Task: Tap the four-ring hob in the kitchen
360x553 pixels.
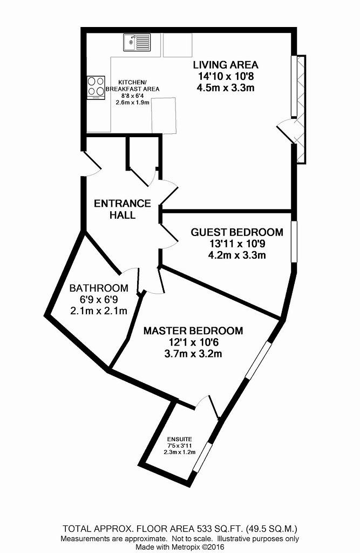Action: click(x=96, y=87)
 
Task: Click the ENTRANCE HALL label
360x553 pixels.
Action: click(x=123, y=209)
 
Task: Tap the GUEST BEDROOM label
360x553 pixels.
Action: click(x=237, y=232)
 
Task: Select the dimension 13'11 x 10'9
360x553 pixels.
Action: click(x=237, y=244)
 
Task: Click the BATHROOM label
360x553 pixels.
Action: click(x=99, y=288)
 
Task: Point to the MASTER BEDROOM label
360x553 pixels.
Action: click(x=193, y=331)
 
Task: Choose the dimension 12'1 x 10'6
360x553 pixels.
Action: click(x=193, y=342)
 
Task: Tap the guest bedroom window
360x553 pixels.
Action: click(x=294, y=241)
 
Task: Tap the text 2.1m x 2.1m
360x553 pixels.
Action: click(x=99, y=311)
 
